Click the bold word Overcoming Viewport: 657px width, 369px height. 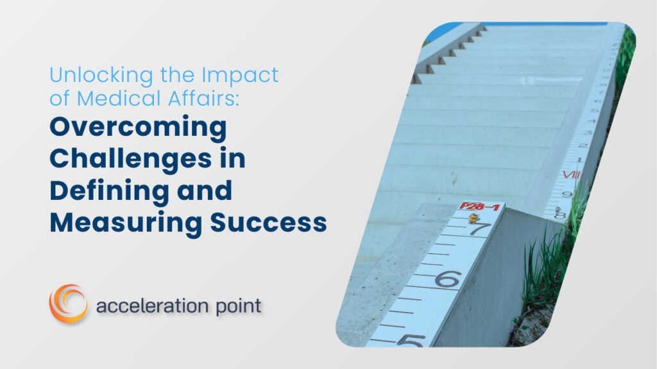pyautogui.click(x=138, y=128)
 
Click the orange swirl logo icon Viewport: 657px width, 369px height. pyautogui.click(x=68, y=304)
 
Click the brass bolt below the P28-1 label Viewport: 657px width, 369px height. pyautogui.click(x=474, y=218)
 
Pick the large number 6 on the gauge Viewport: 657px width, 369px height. pyautogui.click(x=448, y=279)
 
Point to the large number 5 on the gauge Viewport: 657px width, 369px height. pyautogui.click(x=411, y=340)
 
